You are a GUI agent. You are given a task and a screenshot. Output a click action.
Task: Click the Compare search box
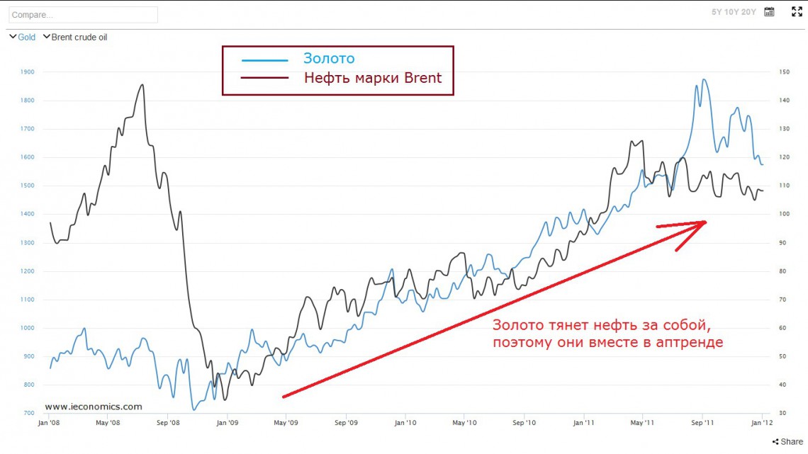[x=83, y=14]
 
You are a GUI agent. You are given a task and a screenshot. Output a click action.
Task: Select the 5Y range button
[x=717, y=12]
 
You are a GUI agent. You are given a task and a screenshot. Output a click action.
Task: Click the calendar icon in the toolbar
[x=769, y=12]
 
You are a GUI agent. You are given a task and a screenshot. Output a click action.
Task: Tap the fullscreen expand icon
[x=797, y=12]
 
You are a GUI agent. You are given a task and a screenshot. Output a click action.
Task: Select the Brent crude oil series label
[x=79, y=37]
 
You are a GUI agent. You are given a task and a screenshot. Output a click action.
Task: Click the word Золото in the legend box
[x=329, y=59]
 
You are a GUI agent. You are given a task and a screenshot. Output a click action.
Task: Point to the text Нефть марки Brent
[x=373, y=78]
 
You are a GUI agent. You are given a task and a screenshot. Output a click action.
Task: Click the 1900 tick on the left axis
[x=28, y=72]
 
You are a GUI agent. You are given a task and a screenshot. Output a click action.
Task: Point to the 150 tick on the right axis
[x=784, y=72]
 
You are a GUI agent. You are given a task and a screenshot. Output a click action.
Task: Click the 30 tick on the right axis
[x=782, y=414]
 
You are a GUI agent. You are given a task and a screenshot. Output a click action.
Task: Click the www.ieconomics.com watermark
[x=93, y=407]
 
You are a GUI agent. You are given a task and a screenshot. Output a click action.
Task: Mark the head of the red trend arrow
[x=706, y=222]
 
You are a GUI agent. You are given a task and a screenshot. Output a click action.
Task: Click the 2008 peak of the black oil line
[x=142, y=85]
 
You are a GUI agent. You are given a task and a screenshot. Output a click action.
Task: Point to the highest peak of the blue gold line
[x=704, y=79]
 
